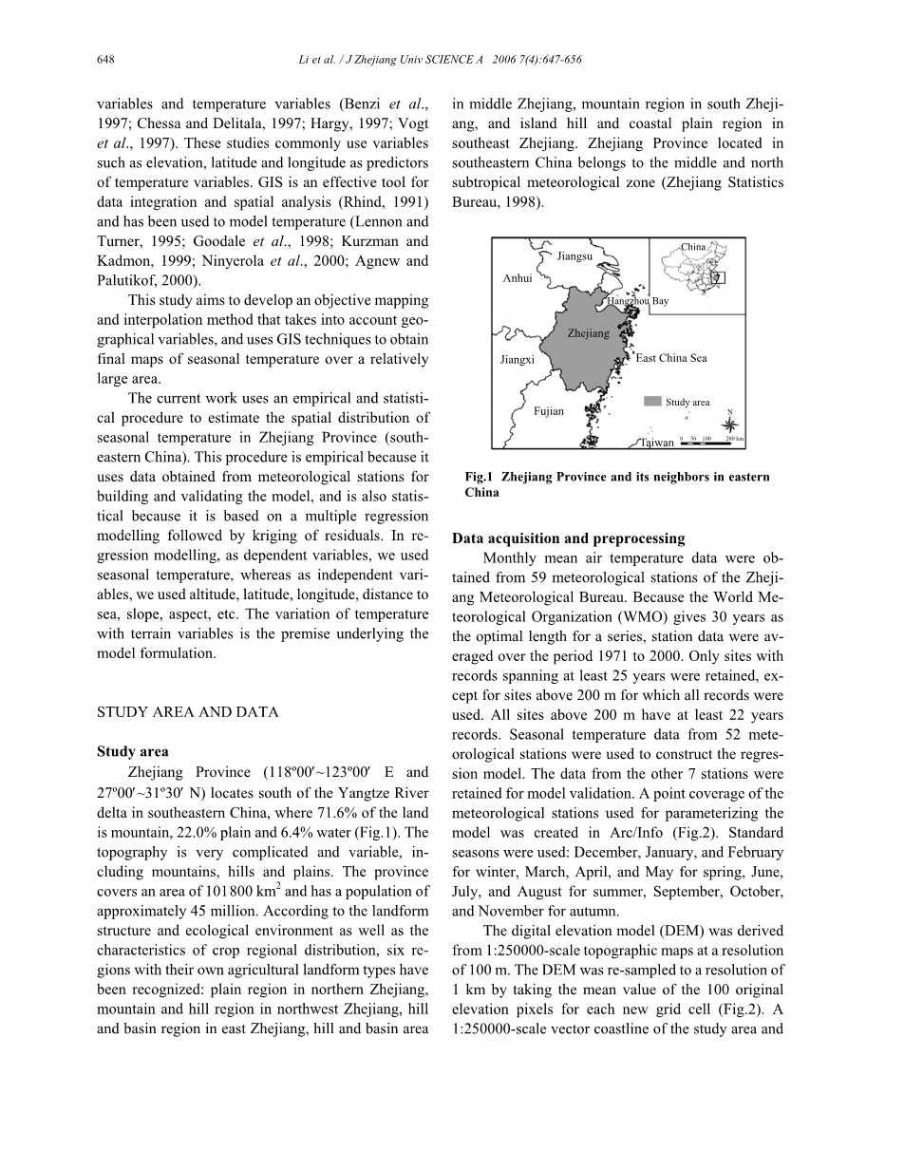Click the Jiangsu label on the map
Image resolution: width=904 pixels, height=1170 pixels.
coord(574,256)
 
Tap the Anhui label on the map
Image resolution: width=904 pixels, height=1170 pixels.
coord(518,278)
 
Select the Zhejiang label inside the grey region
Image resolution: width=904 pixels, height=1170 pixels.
coord(588,333)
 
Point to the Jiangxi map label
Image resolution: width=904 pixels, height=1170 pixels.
coord(518,360)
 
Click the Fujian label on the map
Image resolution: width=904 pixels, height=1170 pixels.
coord(549,411)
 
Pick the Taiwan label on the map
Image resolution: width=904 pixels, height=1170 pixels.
coord(657,443)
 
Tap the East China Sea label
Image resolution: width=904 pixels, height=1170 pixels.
coord(671,358)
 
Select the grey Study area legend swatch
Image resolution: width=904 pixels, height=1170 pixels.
coord(652,402)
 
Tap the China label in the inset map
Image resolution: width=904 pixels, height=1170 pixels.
coord(693,247)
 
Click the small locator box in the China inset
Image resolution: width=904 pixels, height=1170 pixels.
coord(719,277)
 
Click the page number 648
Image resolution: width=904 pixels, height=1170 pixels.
coord(105,60)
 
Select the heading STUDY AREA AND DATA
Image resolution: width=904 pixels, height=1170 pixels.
coord(188,712)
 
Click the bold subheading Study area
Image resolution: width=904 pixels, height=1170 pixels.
coord(133,751)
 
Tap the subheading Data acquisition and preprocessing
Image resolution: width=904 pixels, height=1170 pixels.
coord(568,538)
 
